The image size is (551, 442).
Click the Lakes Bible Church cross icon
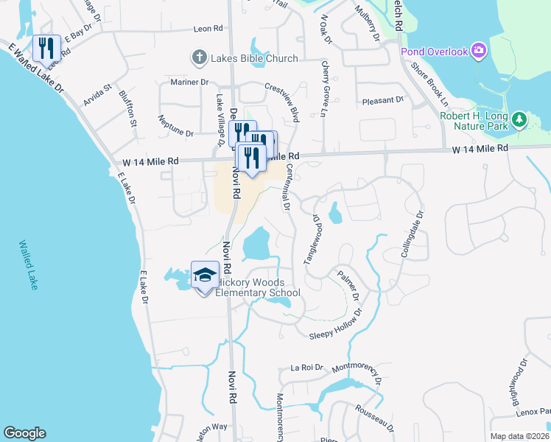click(198, 57)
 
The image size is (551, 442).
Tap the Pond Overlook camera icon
click(480, 51)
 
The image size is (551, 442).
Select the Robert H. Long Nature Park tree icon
click(519, 119)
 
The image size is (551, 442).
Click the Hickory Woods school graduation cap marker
click(205, 276)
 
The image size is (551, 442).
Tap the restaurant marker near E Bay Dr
click(46, 48)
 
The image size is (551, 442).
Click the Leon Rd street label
click(208, 29)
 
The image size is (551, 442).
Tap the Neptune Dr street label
click(175, 134)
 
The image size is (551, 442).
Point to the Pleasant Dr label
click(384, 99)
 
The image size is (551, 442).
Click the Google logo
click(24, 433)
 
